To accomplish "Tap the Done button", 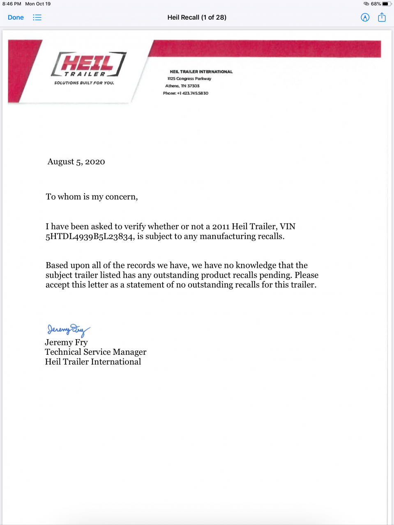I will (16, 18).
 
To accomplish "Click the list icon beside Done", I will (37, 18).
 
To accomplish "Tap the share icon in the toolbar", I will (382, 17).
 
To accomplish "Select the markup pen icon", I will (365, 17).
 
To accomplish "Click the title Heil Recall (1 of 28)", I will (197, 17).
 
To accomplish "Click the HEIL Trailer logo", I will (88, 64).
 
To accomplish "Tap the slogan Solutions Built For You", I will (84, 83).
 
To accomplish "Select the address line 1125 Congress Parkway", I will (189, 79).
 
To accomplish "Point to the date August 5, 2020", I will (76, 162).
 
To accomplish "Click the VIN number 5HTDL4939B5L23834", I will (90, 237).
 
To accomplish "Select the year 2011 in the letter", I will (221, 226).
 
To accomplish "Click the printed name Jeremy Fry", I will (66, 342).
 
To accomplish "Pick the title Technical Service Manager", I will (95, 352).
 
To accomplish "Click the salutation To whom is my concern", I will (92, 197).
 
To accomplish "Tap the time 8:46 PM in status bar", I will (12, 4).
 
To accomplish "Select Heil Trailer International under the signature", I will (93, 362).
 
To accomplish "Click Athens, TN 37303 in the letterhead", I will (182, 86).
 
